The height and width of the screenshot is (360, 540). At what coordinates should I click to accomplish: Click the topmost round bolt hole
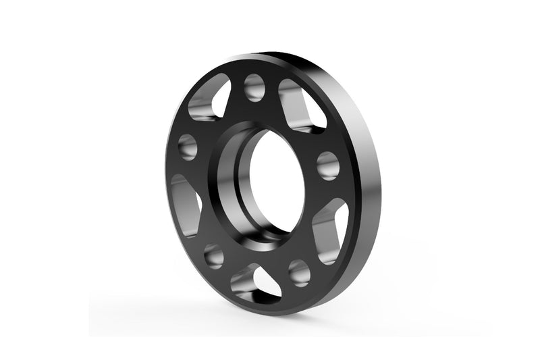tap(254, 87)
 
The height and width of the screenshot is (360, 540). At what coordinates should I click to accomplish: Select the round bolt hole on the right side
tap(327, 165)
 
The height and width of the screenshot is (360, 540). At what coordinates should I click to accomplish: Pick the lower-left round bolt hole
tap(214, 255)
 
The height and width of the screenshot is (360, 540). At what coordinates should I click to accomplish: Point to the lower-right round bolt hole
tap(299, 272)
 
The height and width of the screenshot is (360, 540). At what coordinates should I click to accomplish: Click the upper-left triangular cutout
tap(210, 101)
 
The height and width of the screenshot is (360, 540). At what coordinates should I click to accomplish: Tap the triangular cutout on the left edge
tap(186, 205)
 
